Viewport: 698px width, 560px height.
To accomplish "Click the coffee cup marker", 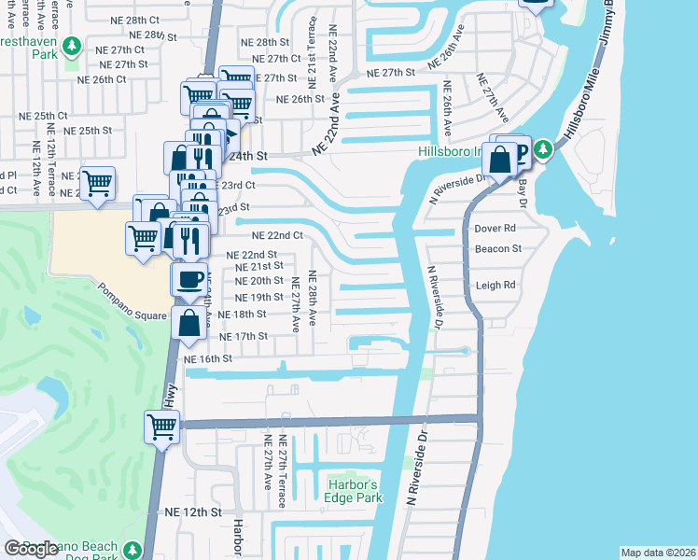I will click(189, 279).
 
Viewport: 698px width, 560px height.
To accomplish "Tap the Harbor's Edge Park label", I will click(355, 491).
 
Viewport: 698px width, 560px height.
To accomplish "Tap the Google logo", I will click(32, 549).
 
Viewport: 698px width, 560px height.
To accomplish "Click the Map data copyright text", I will click(658, 553).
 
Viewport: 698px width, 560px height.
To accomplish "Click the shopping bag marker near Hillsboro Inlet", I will click(500, 159).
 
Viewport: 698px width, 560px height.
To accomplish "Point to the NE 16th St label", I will click(208, 358).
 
